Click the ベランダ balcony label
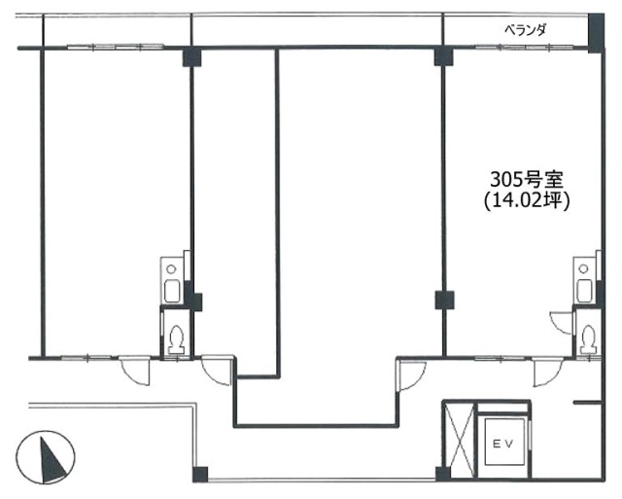coord(524,30)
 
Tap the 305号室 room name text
coord(526,180)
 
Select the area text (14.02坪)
coord(526,201)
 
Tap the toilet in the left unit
coord(177,338)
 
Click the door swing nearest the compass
coord(134,370)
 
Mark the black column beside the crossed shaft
coord(442,474)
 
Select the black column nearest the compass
coord(199,475)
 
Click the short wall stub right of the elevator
coord(586,401)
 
